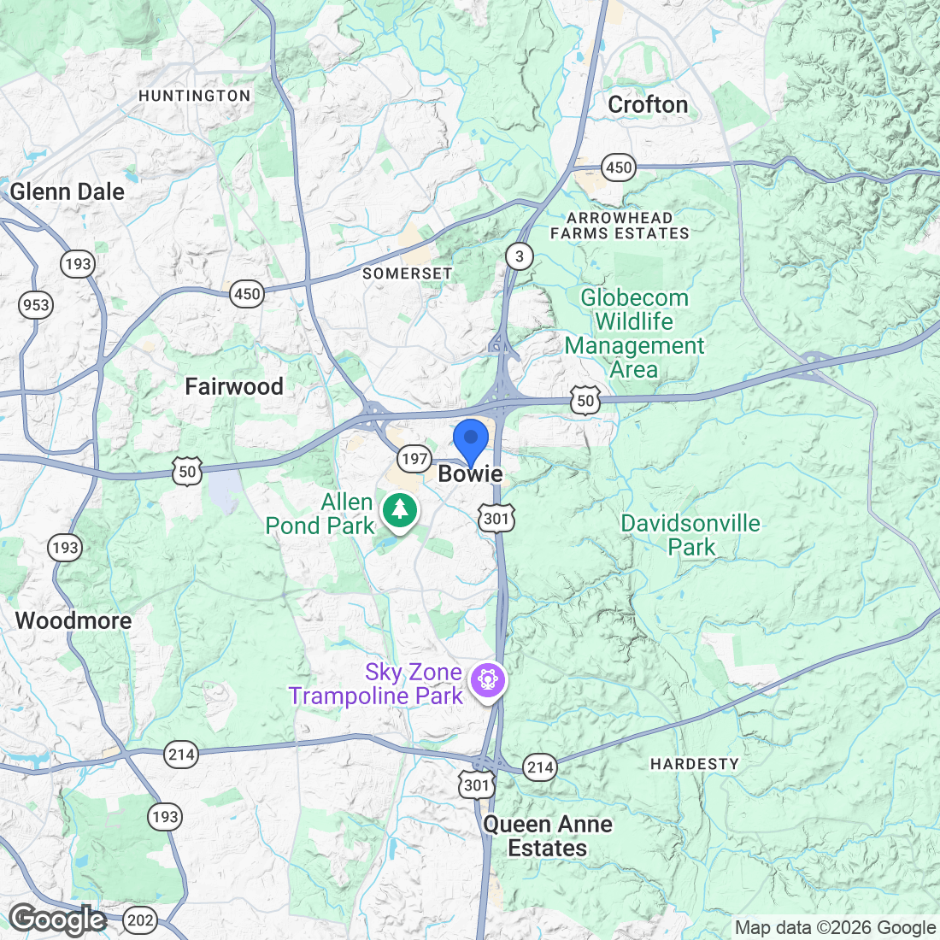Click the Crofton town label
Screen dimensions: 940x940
pos(648,105)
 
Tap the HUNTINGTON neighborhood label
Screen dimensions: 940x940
pos(195,96)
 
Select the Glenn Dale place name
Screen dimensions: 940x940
pos(68,191)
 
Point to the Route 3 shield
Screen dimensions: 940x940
pos(519,256)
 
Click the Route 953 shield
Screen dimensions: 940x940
pos(36,305)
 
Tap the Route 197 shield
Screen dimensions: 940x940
pos(414,459)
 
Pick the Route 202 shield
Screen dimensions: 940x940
pos(140,920)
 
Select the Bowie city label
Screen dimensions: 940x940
pos(470,474)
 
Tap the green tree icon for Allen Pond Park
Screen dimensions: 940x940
pos(399,510)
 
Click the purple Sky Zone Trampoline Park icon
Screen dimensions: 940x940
pos(488,680)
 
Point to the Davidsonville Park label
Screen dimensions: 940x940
pos(690,535)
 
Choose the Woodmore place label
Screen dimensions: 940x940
pos(73,620)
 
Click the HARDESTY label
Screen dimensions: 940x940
pos(695,764)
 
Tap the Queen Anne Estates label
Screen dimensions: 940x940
pos(548,836)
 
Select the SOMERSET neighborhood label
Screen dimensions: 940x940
pos(408,273)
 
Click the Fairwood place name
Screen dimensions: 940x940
pos(234,387)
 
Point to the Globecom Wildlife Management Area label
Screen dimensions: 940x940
pos(634,334)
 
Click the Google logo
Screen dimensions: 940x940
pos(57,919)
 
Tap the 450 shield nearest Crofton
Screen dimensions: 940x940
pos(619,167)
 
